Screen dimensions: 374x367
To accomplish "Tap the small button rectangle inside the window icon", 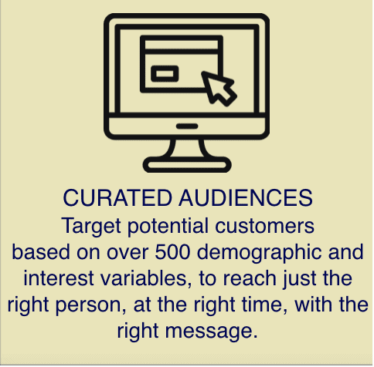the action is (165, 74).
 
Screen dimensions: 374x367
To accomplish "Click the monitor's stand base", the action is (187, 164).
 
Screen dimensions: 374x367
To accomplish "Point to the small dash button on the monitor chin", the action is (187, 126).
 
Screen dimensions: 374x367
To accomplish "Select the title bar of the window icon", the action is (182, 45).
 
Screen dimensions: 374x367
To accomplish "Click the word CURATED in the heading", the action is (117, 198).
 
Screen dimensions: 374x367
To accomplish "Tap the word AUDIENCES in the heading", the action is (246, 198).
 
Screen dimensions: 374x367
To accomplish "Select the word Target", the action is (91, 227).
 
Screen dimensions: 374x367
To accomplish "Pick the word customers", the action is (264, 226).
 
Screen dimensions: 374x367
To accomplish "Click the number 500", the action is (172, 252).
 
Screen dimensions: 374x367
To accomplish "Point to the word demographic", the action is (259, 253).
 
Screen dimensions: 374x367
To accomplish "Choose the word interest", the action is (59, 278).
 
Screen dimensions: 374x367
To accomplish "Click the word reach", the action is (250, 278).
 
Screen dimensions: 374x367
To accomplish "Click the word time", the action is (264, 305).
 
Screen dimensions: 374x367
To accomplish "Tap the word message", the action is (211, 332).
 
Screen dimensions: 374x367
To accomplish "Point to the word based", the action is (41, 252).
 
